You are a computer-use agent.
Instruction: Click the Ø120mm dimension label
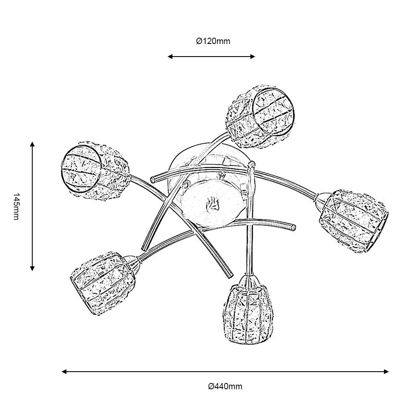point(213,41)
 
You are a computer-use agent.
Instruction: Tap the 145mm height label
point(16,206)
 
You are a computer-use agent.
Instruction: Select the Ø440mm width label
point(225,386)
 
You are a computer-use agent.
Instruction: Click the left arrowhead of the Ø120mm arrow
point(170,57)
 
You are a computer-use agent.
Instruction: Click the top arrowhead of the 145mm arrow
point(32,144)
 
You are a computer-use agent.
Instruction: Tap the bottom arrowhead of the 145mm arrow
point(32,268)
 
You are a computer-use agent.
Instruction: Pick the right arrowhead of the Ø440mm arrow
point(386,371)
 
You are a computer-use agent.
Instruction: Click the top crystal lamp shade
point(261,117)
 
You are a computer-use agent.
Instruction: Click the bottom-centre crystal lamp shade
point(248,310)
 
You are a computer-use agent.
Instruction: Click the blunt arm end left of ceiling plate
point(153,179)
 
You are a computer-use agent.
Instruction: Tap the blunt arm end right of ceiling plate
point(293,228)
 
